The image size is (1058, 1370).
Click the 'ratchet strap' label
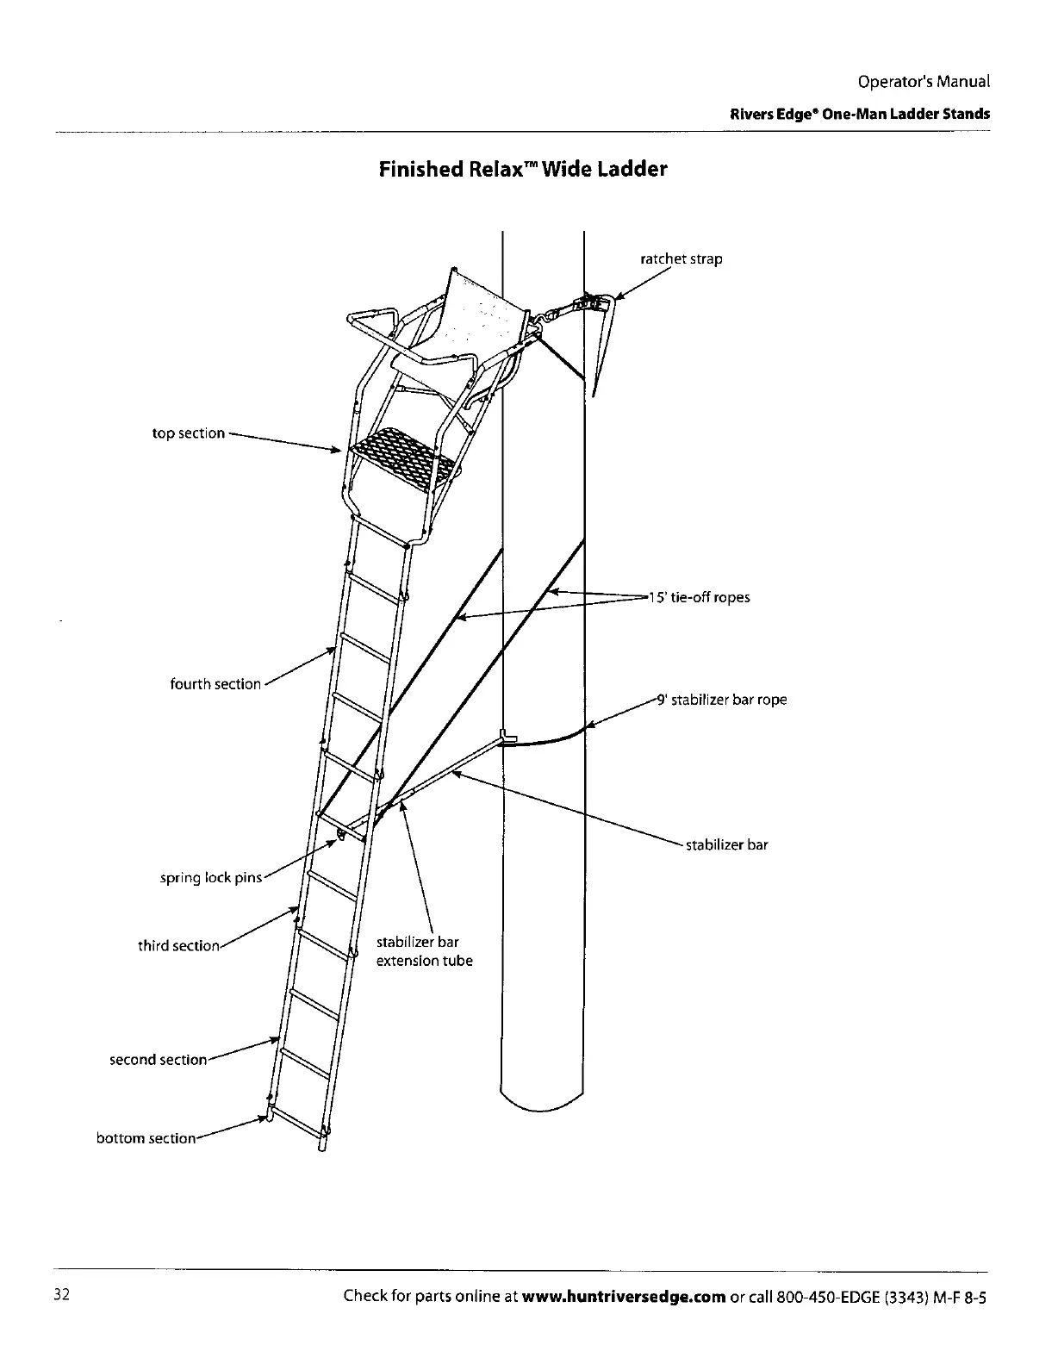pos(681,258)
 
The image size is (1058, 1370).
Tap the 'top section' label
pos(188,433)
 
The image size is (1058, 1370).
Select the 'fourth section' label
pos(215,684)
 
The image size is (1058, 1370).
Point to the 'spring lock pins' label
pos(210,878)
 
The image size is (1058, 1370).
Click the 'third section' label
pos(178,946)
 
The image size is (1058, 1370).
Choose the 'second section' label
pos(158,1060)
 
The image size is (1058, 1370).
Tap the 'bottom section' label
pos(146,1138)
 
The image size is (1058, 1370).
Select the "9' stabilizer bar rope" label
pos(722,700)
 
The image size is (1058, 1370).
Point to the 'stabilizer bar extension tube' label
pos(424,952)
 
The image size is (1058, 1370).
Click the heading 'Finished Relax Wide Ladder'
pos(523,169)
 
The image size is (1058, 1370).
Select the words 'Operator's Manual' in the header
pos(924,82)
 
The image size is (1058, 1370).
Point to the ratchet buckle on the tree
pos(588,302)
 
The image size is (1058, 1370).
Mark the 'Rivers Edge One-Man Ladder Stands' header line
pos(859,114)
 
